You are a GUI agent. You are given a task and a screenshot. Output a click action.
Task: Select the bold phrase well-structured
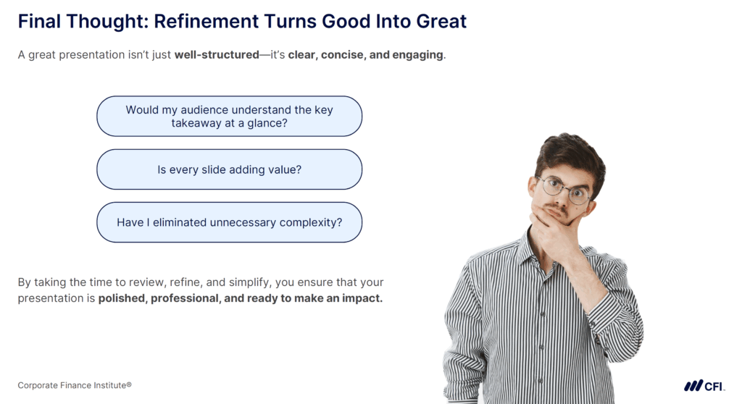[217, 55]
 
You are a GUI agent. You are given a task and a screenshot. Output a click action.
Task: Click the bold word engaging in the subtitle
[418, 55]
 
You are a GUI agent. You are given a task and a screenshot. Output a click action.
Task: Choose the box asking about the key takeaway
[229, 116]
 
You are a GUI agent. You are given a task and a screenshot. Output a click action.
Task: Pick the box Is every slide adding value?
[229, 169]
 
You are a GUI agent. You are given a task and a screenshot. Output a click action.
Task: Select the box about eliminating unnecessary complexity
[229, 222]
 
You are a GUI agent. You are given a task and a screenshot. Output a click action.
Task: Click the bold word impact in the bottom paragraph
[362, 298]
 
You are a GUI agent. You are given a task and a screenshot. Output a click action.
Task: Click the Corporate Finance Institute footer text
[75, 385]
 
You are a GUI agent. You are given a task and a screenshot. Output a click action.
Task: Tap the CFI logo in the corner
[704, 385]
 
